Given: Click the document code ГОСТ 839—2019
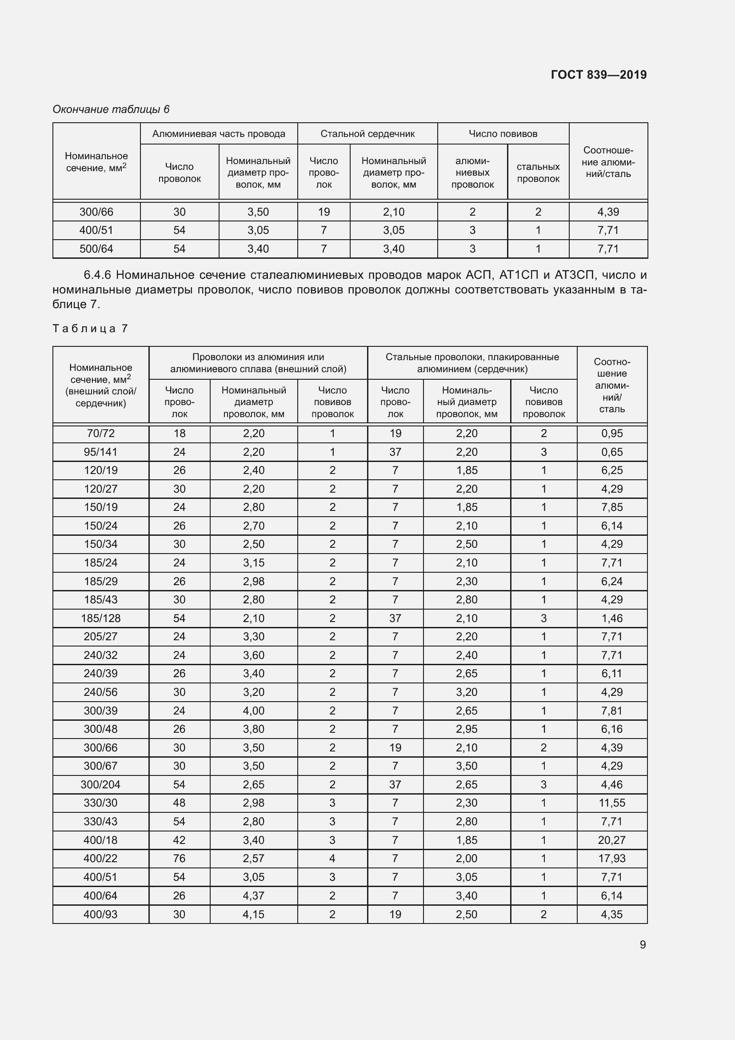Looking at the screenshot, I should [x=598, y=75].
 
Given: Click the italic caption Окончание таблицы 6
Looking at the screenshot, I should [x=111, y=109].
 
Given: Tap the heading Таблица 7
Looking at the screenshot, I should [x=91, y=329].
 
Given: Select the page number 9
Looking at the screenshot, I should [x=643, y=944].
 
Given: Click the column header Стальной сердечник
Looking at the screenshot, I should [x=367, y=134].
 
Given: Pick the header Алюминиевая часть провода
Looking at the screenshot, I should [x=219, y=134].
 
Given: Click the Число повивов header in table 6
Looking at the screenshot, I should [x=503, y=134].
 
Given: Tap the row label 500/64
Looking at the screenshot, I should [x=96, y=249].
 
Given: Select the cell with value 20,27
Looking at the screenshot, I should [x=611, y=840].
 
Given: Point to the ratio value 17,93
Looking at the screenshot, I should [x=611, y=858].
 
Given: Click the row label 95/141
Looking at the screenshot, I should [x=100, y=452].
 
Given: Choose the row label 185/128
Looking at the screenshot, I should [x=100, y=618].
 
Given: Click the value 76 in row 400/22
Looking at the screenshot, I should [x=179, y=858].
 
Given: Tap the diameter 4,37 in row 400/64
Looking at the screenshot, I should [x=253, y=895].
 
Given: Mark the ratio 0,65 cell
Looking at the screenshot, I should [x=612, y=452].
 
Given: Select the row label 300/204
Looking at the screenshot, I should [x=100, y=784].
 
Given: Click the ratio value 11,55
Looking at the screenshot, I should [x=612, y=803].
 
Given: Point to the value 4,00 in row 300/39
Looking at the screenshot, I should [x=253, y=711].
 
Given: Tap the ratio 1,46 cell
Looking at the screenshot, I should [x=612, y=618].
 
